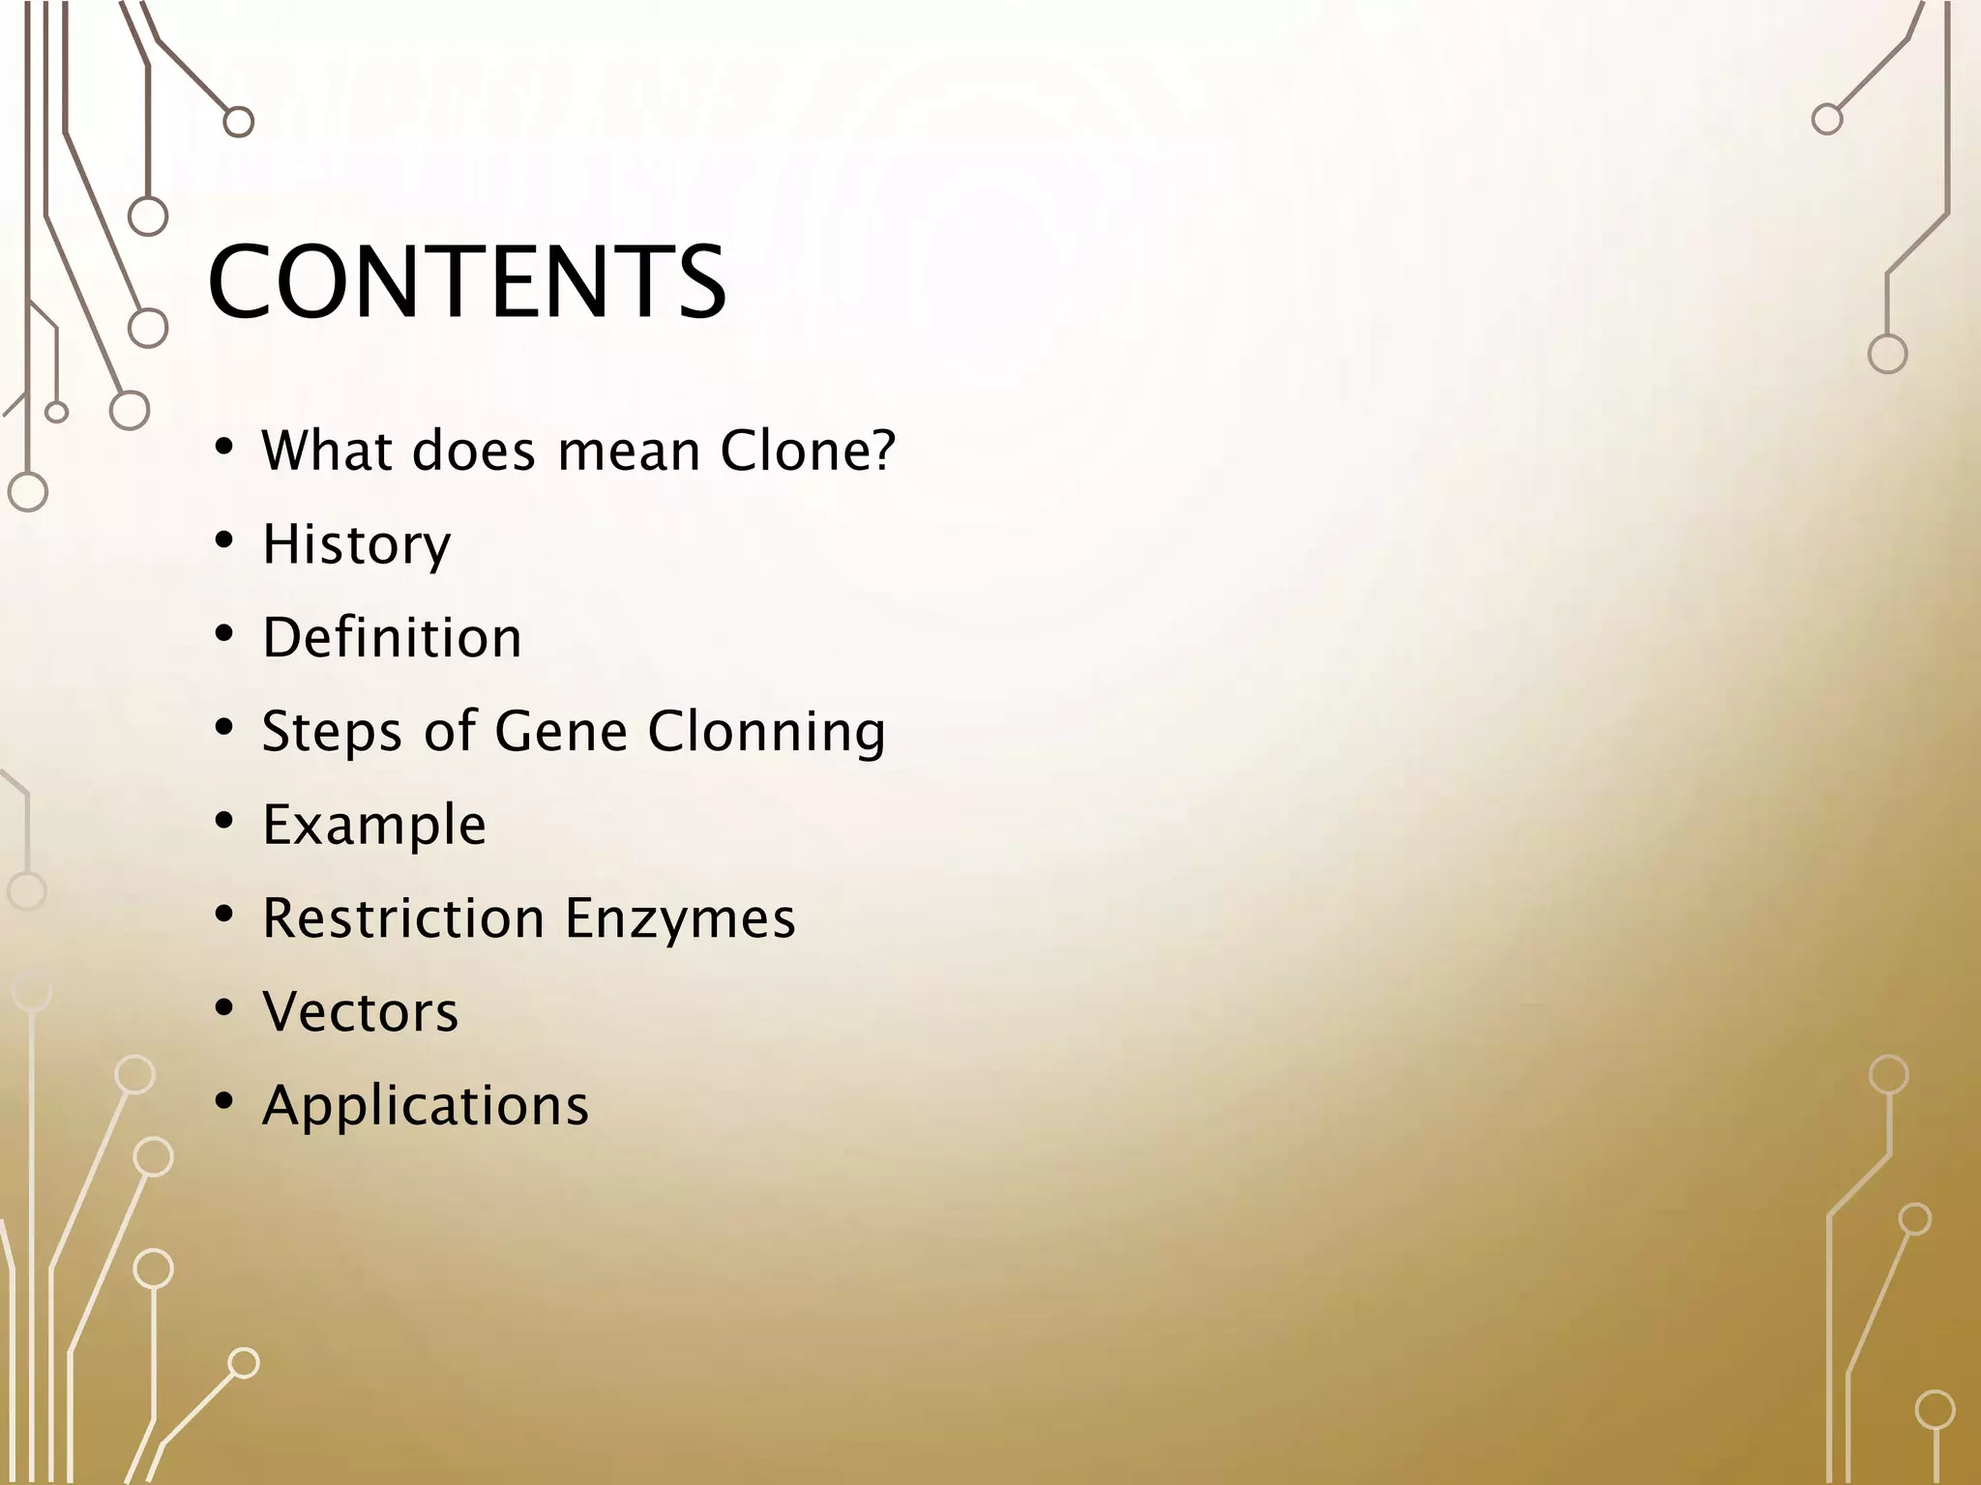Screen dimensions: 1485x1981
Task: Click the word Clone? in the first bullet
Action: pos(809,451)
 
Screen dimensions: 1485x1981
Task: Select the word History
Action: pos(357,544)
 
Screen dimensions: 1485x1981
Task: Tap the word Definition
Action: pos(392,638)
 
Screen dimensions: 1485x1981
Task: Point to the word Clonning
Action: pos(767,732)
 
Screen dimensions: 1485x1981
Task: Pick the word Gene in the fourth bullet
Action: pos(561,732)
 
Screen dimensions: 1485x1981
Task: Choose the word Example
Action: pos(374,826)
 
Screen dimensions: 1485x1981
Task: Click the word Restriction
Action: pos(403,918)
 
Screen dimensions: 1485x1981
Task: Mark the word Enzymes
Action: pos(680,918)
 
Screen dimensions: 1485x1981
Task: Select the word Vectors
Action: pos(360,1012)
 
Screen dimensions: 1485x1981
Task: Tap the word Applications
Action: pos(425,1105)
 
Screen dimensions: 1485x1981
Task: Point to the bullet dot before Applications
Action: pos(224,1101)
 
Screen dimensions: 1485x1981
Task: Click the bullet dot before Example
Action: pos(224,821)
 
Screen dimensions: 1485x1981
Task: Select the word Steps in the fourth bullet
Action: pos(332,732)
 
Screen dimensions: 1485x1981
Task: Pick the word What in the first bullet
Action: pos(326,451)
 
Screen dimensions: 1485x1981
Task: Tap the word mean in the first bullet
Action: pos(630,451)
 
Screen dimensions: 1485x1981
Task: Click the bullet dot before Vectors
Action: pos(224,1007)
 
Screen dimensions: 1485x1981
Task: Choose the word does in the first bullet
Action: pos(473,451)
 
